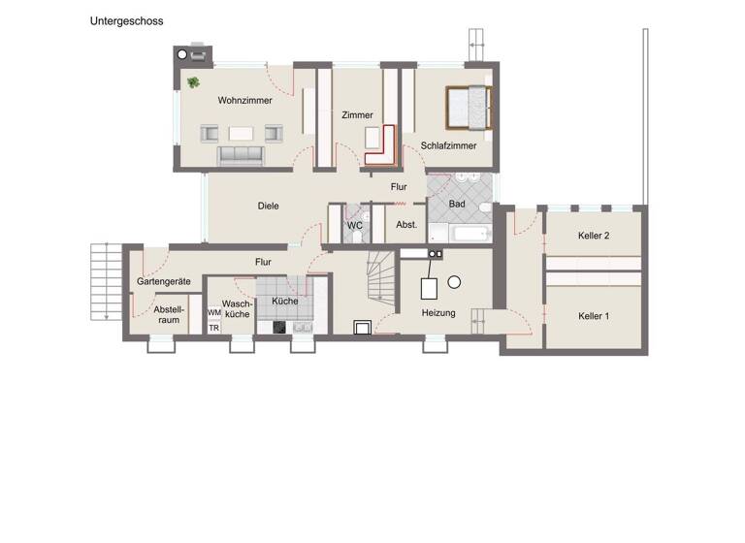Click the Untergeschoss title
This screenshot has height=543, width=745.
(127, 19)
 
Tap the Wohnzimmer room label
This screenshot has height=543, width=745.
(244, 100)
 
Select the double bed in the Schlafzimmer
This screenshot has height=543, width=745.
(469, 108)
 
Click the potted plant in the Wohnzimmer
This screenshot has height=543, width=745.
(194, 82)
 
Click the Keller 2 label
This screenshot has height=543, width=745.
(594, 236)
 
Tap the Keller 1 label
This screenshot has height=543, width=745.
(594, 316)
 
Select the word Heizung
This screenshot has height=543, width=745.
(438, 313)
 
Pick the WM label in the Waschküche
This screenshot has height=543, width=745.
(213, 312)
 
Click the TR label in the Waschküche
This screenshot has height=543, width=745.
(213, 328)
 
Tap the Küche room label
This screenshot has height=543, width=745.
(285, 302)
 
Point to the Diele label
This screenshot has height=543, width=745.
(269, 206)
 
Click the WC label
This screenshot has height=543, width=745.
(355, 225)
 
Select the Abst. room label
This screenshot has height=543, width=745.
(406, 225)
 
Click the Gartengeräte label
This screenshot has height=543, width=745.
(163, 281)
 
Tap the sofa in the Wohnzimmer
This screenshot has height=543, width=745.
(239, 154)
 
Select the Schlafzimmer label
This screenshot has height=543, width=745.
(448, 146)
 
